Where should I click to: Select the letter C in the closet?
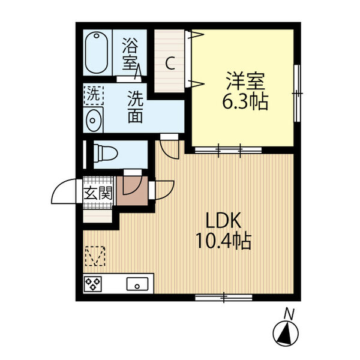tap(170, 63)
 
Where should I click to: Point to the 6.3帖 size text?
tap(245, 100)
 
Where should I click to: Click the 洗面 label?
tap(135, 106)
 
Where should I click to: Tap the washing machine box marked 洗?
tap(93, 94)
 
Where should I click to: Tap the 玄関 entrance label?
tap(97, 193)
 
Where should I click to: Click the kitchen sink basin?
tap(137, 284)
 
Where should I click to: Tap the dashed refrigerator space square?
tap(95, 257)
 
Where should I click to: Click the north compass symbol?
tap(286, 332)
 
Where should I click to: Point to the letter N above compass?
tap(289, 313)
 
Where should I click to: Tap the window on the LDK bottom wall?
tap(224, 296)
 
